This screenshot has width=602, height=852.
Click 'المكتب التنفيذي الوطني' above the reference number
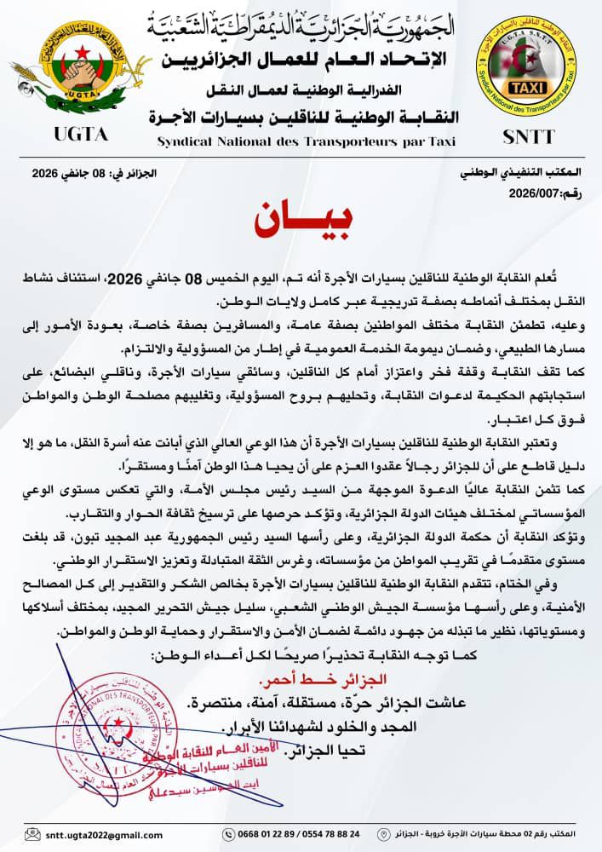(x=519, y=174)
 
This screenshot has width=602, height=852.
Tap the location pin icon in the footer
(x=387, y=833)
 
